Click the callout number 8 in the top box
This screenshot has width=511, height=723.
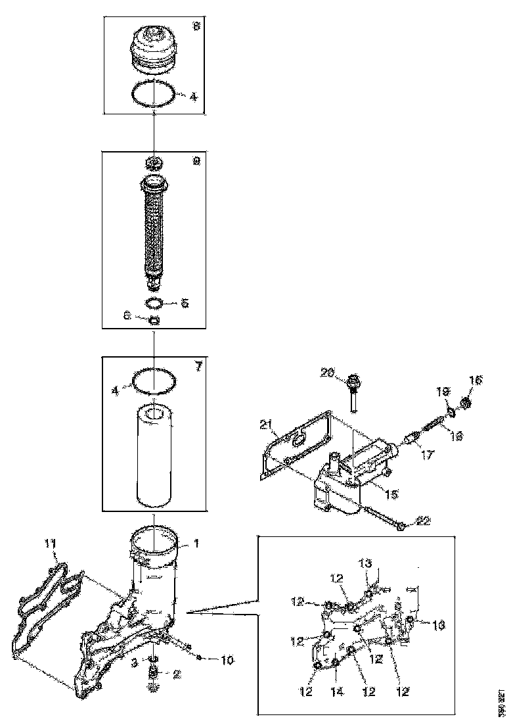[x=196, y=28]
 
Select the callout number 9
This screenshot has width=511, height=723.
[x=196, y=160]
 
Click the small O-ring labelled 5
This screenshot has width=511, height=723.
[x=154, y=303]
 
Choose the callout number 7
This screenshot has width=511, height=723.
[x=198, y=366]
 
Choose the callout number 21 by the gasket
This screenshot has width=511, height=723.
[x=265, y=427]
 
